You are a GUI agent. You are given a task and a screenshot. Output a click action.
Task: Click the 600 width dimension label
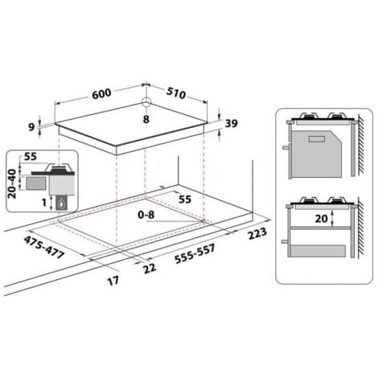click(101, 92)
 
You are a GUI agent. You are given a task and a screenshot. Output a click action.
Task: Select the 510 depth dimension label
click(176, 93)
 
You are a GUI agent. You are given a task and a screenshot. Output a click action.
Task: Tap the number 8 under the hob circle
click(146, 118)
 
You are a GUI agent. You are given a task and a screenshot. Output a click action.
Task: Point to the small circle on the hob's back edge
click(146, 103)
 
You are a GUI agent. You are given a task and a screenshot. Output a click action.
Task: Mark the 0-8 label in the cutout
click(148, 215)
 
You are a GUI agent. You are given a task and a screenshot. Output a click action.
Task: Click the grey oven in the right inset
click(315, 153)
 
